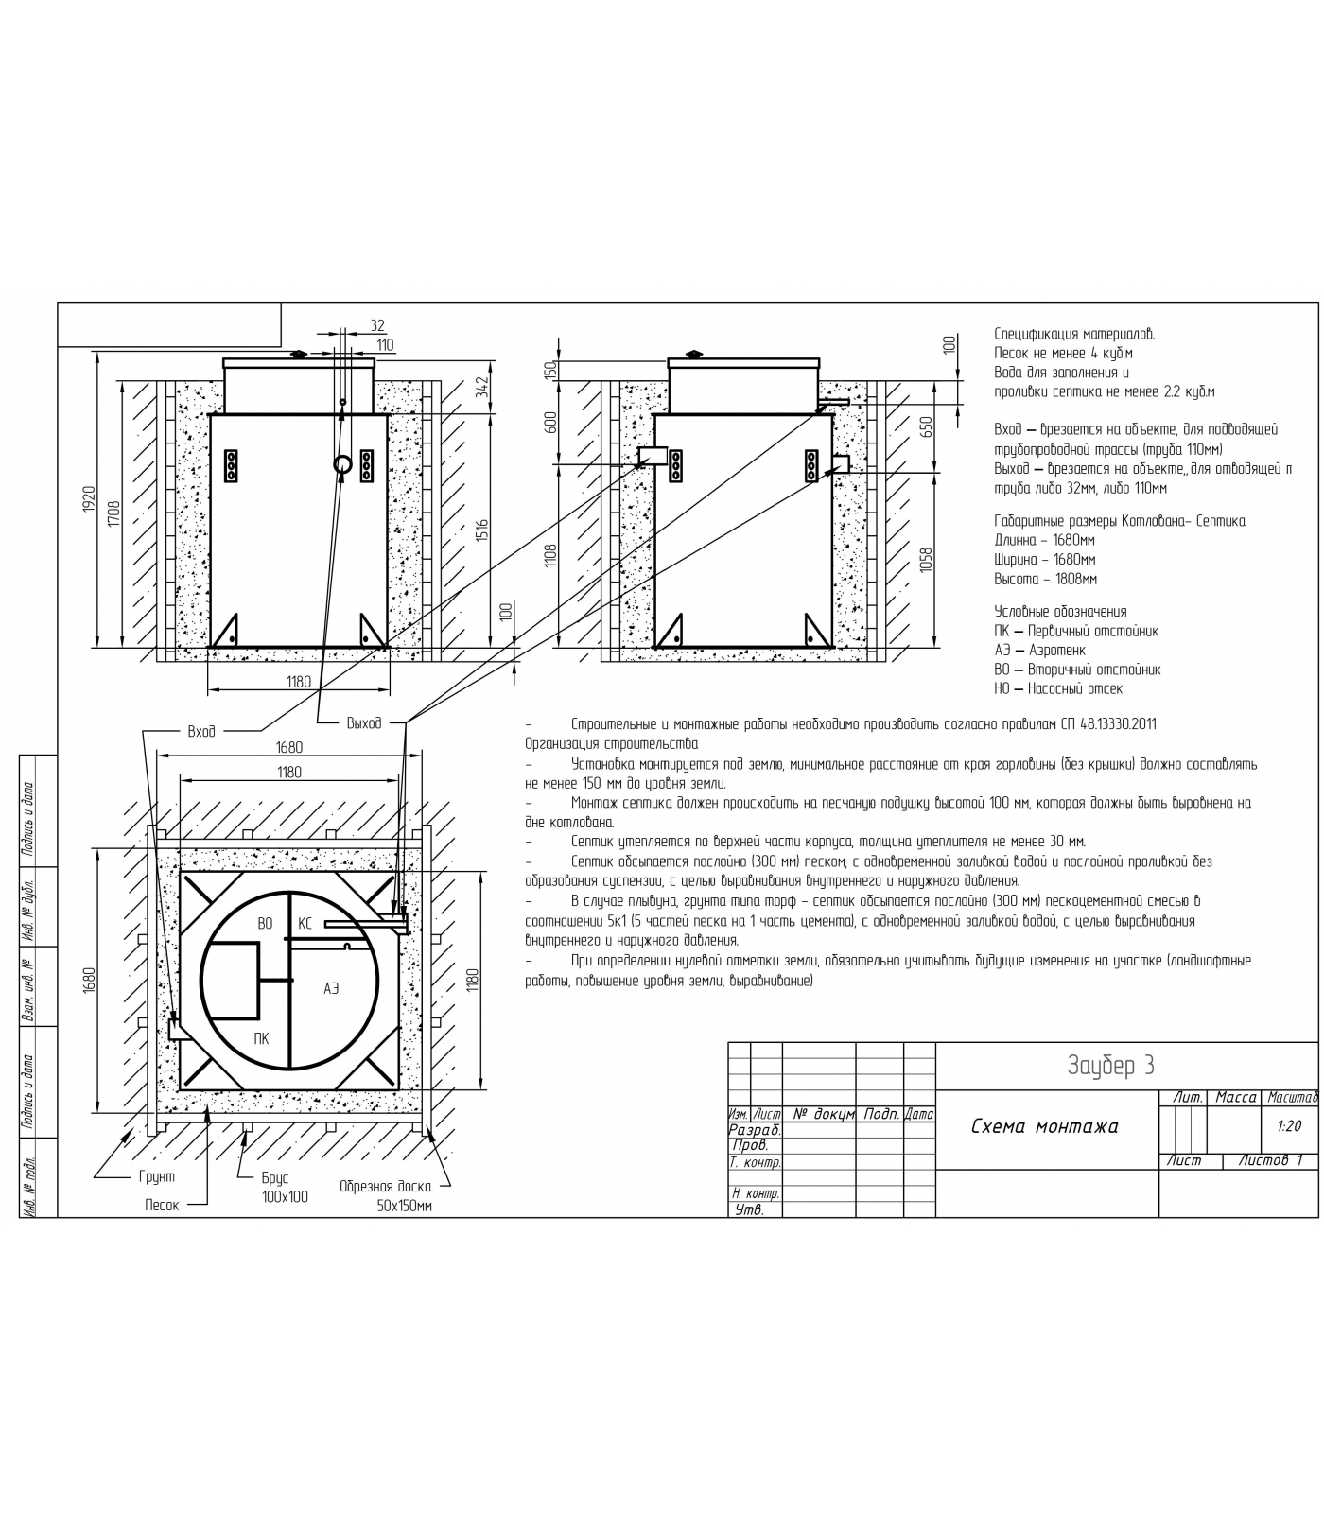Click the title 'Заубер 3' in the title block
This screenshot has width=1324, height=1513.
point(1110,1066)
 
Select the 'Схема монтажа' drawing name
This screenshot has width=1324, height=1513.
point(1045,1126)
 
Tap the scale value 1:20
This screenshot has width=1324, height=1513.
point(1289,1126)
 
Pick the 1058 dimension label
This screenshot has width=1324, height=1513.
point(927,563)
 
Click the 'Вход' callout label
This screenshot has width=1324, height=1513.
point(201,731)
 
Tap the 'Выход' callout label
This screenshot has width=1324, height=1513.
point(364,723)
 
